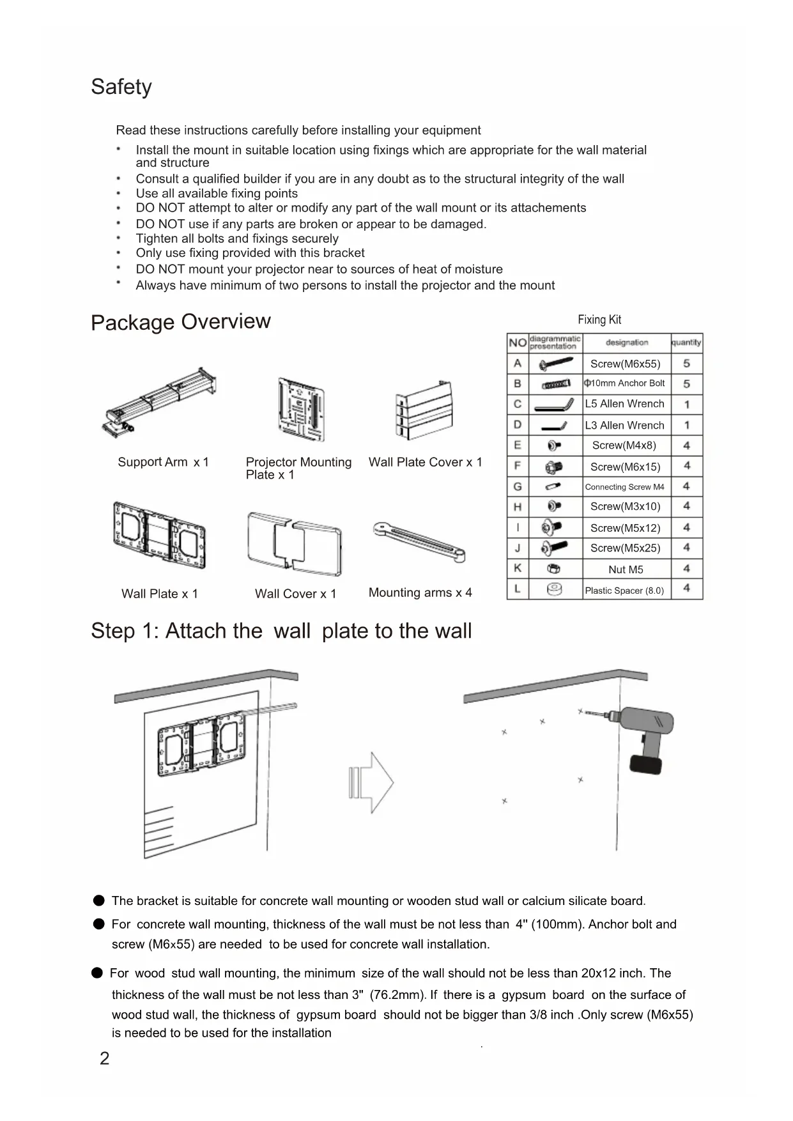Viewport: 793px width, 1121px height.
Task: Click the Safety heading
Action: click(x=121, y=87)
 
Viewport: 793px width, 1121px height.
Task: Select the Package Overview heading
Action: click(x=181, y=321)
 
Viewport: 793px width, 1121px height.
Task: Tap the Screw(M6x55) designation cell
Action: click(x=626, y=364)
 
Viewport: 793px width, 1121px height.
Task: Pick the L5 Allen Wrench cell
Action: click(x=626, y=404)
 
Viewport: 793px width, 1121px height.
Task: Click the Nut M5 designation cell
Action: click(x=626, y=569)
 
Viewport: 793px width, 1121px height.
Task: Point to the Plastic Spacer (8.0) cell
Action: click(x=626, y=591)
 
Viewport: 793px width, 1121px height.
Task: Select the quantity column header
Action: click(x=687, y=343)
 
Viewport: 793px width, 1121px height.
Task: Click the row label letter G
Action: click(x=518, y=487)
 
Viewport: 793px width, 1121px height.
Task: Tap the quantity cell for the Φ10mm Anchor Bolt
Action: click(x=687, y=384)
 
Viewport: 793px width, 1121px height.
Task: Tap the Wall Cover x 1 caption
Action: click(x=295, y=594)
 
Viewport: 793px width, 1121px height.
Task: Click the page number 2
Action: click(x=105, y=1059)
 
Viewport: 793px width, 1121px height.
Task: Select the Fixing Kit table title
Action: click(x=599, y=320)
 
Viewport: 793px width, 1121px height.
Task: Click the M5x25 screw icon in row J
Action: click(x=553, y=548)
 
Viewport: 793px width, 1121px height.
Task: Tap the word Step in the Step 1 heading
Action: click(x=113, y=631)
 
